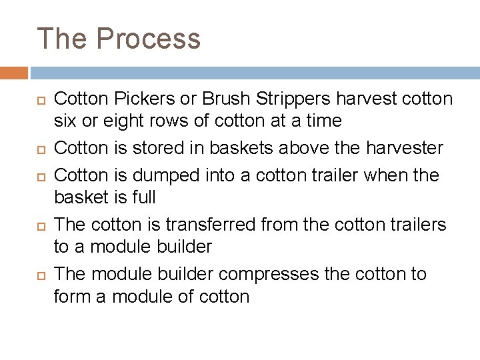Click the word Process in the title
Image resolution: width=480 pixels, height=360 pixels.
(149, 38)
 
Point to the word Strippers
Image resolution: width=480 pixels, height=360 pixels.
(296, 99)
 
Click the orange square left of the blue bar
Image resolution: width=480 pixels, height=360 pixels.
(13, 73)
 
